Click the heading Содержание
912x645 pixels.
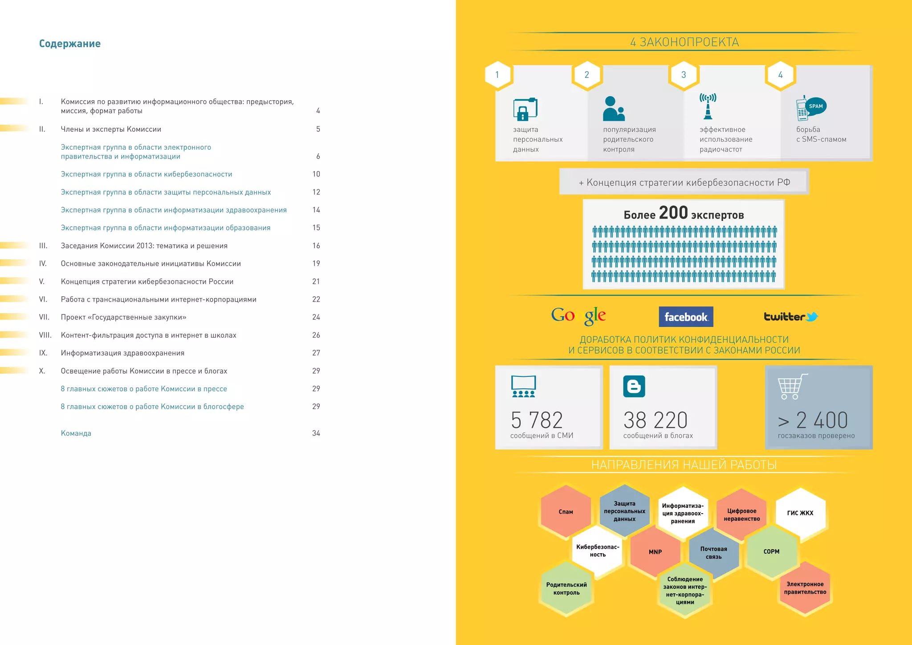[x=70, y=44]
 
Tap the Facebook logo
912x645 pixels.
[x=686, y=317]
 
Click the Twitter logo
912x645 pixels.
[x=791, y=317]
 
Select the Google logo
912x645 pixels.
[x=578, y=315]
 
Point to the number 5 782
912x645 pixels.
[x=537, y=420]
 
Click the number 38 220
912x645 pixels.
[x=655, y=420]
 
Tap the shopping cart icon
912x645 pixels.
[x=792, y=386]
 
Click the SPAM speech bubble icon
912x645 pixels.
[x=815, y=106]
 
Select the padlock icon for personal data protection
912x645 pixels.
[x=525, y=109]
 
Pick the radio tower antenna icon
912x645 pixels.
[x=708, y=106]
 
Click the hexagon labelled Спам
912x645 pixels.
[x=566, y=511]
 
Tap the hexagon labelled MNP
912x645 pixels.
[x=655, y=551]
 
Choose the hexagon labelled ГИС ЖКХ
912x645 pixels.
[x=800, y=513]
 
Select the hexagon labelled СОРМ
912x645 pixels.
[x=771, y=551]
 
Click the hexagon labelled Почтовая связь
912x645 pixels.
[x=713, y=552]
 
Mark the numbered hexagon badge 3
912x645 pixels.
[x=684, y=75]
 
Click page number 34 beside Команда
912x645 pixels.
[x=316, y=433]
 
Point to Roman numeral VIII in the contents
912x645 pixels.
[x=45, y=335]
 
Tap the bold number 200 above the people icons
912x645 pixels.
[x=673, y=213]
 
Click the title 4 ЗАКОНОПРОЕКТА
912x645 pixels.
[x=684, y=42]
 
